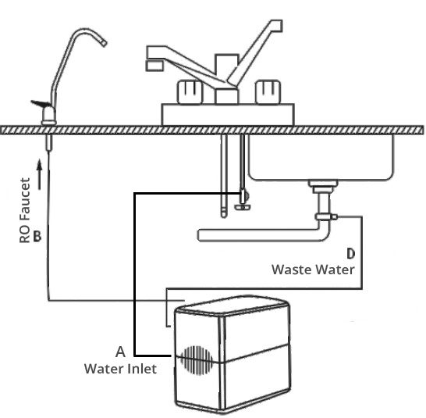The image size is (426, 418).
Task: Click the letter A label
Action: point(120,352)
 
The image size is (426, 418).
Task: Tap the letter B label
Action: point(37,236)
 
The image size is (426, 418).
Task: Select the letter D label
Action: point(351,253)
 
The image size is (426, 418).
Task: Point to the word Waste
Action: point(291,270)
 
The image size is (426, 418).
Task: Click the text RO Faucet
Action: point(24,210)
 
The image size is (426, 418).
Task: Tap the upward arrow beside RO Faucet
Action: point(40,174)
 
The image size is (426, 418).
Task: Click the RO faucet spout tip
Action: point(104,43)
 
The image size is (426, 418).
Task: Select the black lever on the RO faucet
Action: point(41,104)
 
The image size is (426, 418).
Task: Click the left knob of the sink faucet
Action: point(190,91)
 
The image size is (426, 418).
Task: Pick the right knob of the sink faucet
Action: point(268,91)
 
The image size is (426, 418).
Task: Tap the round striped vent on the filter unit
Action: point(197,360)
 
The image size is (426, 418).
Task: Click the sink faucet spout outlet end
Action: point(154,66)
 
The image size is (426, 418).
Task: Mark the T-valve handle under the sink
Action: point(243,207)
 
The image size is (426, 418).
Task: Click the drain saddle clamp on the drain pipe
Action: point(326,217)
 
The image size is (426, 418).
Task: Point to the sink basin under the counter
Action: point(321,157)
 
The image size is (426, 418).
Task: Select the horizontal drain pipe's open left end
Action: point(200,235)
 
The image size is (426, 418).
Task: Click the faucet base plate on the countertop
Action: point(228,115)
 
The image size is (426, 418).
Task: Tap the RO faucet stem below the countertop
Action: point(48,143)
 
